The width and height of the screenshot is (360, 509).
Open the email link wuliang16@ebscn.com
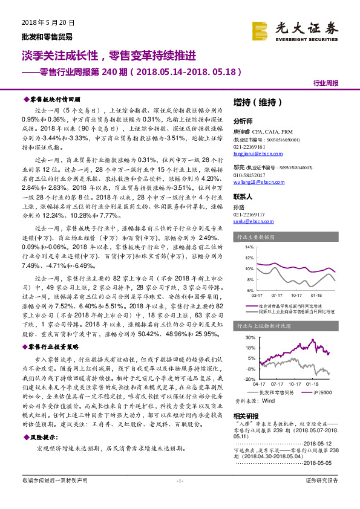coord(257,181)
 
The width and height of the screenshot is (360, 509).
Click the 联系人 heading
coord(243,198)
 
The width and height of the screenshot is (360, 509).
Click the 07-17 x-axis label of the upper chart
coord(277,296)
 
